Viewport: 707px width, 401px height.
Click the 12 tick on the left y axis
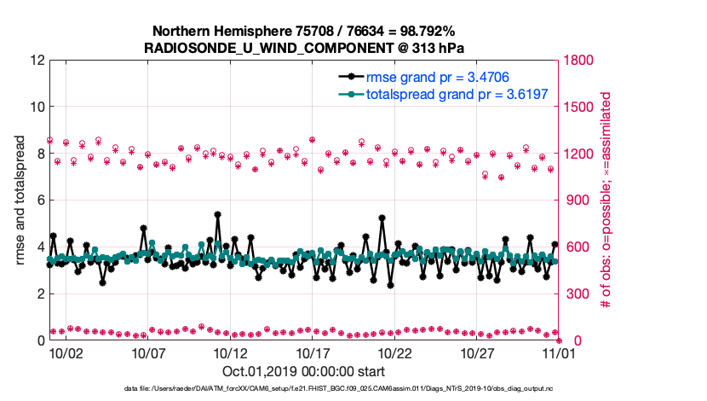[37, 61]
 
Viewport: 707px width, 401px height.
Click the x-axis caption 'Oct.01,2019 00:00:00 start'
[303, 371]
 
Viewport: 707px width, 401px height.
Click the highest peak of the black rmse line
[218, 214]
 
